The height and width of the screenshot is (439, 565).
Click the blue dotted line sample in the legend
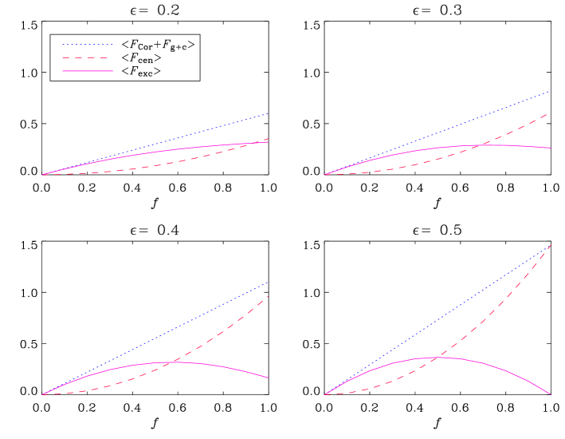click(88, 44)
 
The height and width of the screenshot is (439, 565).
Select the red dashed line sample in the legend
click(88, 57)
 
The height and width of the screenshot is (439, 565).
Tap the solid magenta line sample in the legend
click(88, 71)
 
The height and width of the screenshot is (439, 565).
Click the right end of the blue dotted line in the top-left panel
click(269, 113)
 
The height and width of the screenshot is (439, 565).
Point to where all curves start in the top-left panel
click(42, 174)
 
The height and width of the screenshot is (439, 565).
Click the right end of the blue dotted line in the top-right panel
click(550, 91)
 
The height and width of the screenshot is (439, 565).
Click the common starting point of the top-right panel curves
click(324, 174)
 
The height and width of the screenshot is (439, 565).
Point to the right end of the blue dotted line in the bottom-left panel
click(269, 283)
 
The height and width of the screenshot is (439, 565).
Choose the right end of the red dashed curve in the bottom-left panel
click(269, 296)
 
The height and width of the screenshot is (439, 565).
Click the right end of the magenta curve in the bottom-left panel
click(269, 378)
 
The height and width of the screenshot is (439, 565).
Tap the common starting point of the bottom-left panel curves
click(42, 394)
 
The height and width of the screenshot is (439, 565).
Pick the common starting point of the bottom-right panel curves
click(324, 394)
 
